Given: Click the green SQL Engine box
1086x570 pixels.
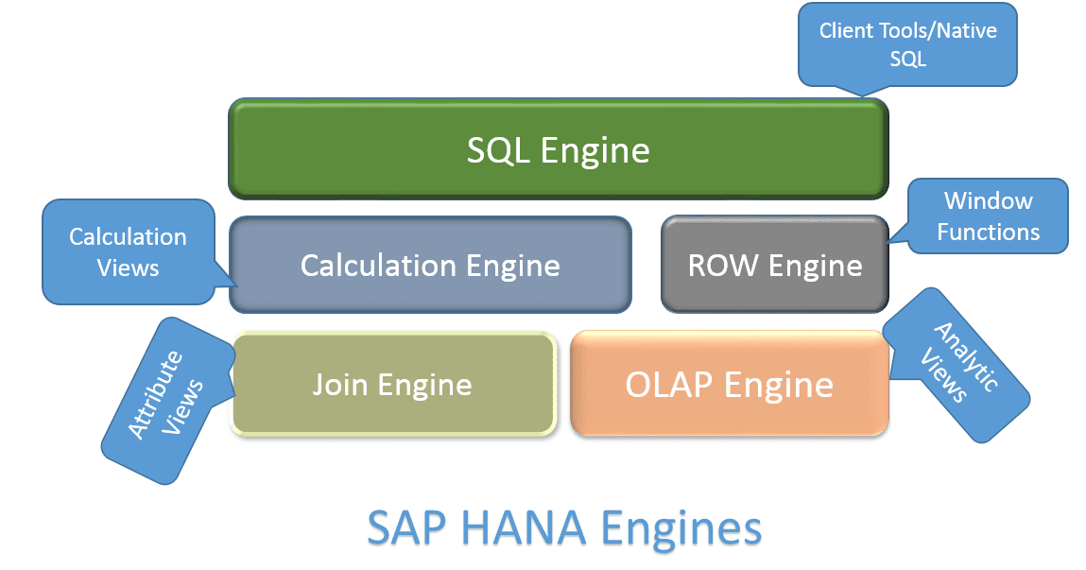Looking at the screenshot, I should tap(558, 148).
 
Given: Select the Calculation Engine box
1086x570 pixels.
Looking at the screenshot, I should tap(430, 265).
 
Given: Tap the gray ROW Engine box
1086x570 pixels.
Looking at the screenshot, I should tap(774, 265).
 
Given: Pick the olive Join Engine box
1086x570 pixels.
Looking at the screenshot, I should tap(392, 384).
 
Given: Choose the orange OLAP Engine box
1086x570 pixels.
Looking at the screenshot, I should tap(729, 384).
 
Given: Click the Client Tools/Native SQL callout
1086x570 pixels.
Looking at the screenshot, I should tap(907, 44).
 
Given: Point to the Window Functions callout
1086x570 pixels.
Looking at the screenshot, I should tap(988, 216).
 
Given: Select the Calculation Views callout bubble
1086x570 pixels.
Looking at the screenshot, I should tap(128, 251).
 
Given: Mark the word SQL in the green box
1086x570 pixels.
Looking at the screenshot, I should tap(498, 149).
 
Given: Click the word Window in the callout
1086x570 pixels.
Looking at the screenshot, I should tap(988, 200).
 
